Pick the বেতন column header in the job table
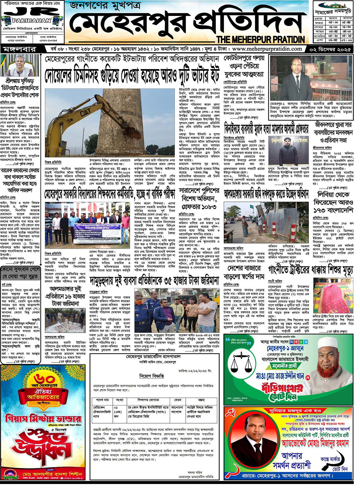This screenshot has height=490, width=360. (178, 400)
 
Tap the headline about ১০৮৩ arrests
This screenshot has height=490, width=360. (199, 199)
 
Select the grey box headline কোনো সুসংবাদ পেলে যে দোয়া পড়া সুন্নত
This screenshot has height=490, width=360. (21, 273)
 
